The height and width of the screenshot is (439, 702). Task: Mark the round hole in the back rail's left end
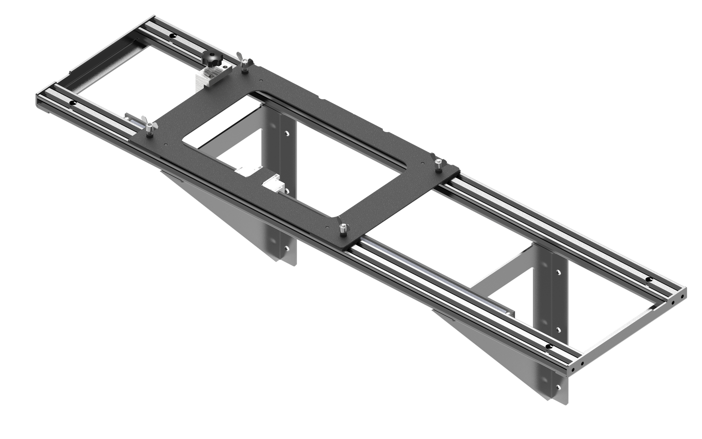(x=172, y=36)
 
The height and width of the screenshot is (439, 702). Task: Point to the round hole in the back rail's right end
(x=650, y=280)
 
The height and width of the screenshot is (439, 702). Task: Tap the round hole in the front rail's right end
(x=549, y=347)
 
